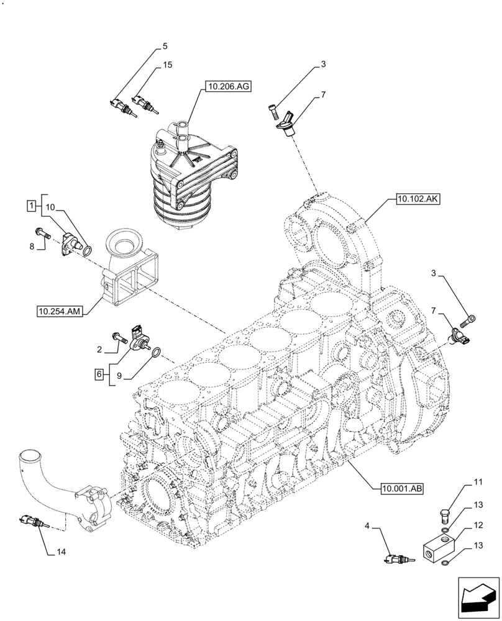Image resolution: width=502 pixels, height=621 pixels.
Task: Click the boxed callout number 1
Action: tap(30, 204)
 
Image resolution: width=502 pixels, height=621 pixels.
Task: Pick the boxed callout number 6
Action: tap(99, 374)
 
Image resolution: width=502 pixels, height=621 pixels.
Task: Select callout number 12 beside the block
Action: tap(478, 525)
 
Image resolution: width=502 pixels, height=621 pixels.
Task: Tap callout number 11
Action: tap(478, 481)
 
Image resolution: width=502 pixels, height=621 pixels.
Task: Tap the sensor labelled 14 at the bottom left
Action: tap(32, 520)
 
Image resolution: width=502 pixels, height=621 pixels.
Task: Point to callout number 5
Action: tap(165, 46)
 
